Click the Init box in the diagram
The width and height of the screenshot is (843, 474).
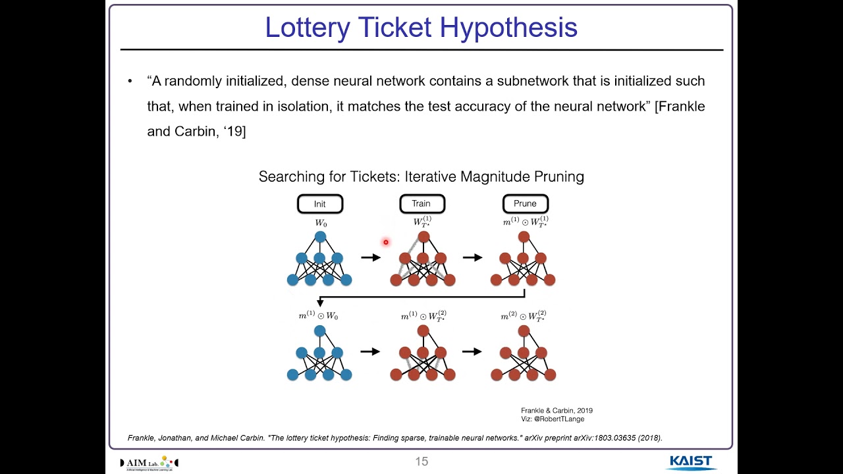(320, 204)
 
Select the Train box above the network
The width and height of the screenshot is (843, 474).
(421, 204)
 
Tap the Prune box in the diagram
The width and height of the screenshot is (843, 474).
(525, 204)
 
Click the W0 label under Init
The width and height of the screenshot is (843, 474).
(320, 223)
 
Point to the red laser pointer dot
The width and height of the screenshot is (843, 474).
(386, 242)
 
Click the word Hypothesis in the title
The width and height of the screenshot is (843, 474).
(508, 28)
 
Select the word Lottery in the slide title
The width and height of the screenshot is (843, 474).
(306, 28)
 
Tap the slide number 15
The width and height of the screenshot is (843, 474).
(421, 461)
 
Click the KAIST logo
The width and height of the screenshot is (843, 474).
(691, 461)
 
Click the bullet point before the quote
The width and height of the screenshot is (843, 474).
(130, 82)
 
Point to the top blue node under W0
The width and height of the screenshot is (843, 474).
(320, 237)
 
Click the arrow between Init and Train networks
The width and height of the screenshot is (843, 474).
(371, 257)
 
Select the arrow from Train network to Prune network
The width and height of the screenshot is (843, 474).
(472, 257)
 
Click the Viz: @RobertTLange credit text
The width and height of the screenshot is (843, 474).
(552, 419)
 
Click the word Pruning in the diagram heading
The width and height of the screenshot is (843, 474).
(557, 176)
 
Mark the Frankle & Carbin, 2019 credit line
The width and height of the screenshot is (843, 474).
(557, 410)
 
